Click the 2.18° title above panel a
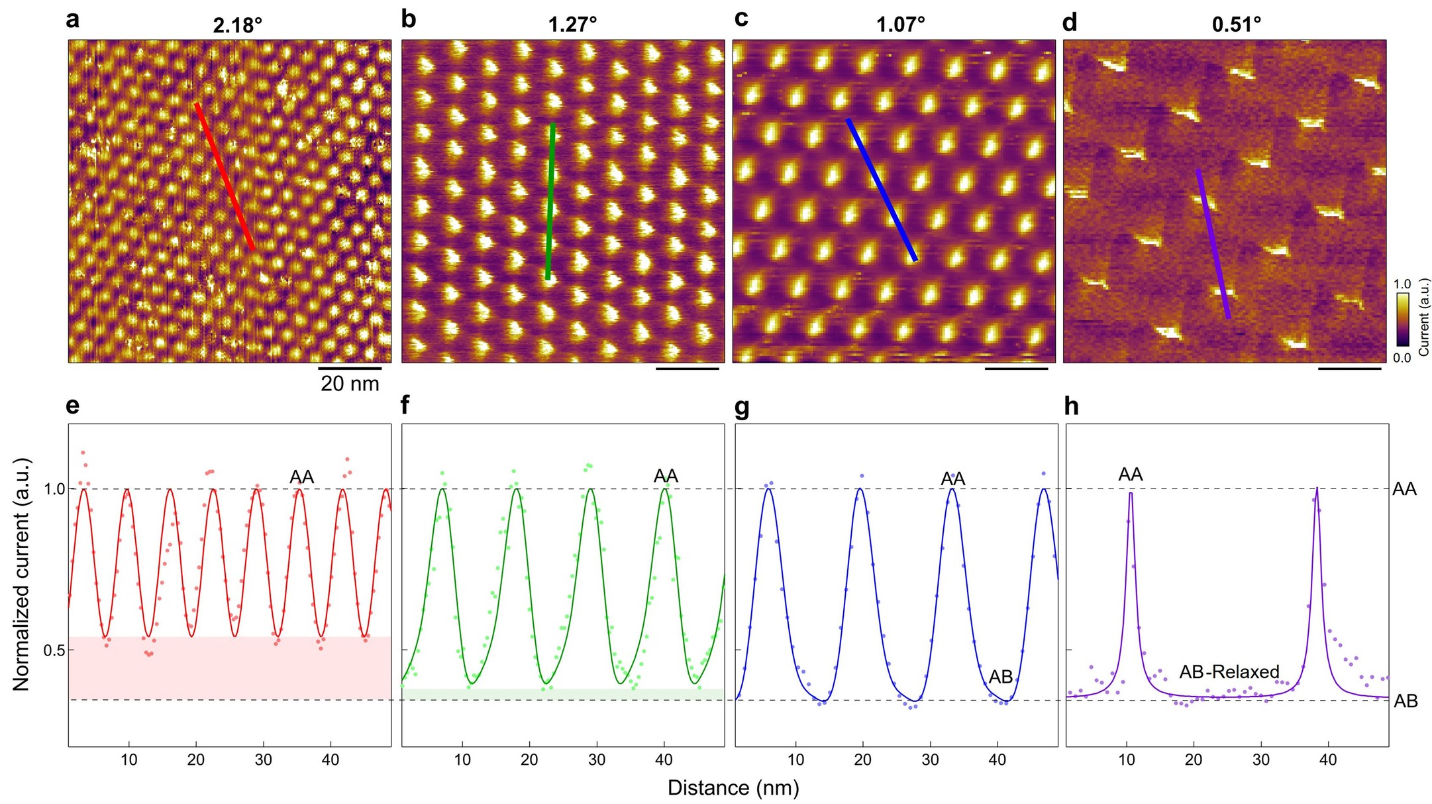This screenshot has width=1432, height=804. point(237,26)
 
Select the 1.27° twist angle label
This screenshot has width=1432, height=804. point(572,25)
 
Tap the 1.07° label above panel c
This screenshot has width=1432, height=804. point(900,25)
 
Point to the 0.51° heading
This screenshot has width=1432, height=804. point(1236,25)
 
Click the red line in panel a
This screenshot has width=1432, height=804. point(225,177)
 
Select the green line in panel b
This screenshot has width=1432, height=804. point(550,201)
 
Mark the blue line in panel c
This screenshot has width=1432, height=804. point(882,190)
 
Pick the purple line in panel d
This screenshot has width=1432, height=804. point(1213,244)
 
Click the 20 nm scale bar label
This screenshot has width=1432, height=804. point(350,384)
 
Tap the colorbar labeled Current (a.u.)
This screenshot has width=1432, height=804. point(1402,319)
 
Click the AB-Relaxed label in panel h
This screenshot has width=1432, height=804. point(1229,672)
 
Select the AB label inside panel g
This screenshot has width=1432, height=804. point(1001,677)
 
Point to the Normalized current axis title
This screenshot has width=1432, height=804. point(22,574)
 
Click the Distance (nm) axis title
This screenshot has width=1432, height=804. point(733,788)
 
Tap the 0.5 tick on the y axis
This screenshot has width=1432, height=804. point(54,651)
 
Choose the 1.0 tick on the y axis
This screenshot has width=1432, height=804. point(54,489)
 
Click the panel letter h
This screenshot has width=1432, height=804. point(1071,406)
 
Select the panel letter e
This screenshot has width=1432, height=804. point(73,406)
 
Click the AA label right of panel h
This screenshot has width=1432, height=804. point(1404,489)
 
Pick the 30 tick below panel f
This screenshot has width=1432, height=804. point(597,760)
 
